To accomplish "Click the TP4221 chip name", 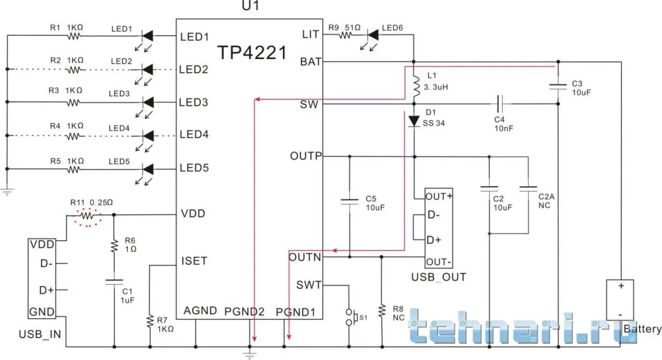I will click(251, 52).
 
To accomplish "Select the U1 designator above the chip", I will click(250, 6).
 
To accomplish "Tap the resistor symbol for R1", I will click(74, 36).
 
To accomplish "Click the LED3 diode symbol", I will click(148, 102).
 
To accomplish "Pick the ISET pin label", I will click(193, 261).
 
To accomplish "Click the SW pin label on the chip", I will click(309, 105).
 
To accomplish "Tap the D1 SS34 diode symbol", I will click(414, 121).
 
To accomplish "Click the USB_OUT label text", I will click(439, 277).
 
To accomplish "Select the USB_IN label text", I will click(40, 334).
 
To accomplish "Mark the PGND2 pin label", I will click(245, 312).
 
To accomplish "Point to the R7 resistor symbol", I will click(150, 321).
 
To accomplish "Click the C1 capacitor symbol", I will click(114, 282).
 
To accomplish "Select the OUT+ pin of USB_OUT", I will click(439, 197).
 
